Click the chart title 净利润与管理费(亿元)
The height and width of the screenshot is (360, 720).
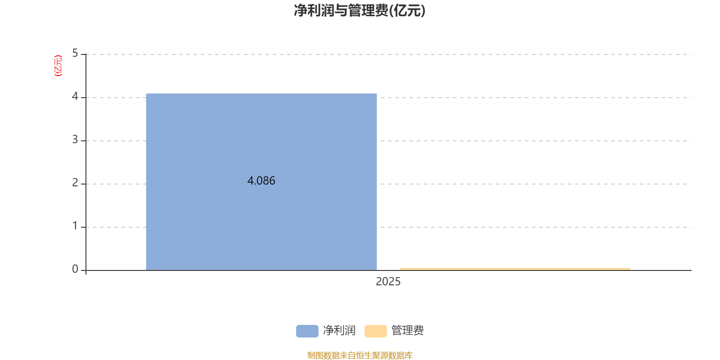point(360,11)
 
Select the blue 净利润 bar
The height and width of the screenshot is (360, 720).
point(261,182)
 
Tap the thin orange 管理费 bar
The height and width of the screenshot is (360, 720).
point(515,269)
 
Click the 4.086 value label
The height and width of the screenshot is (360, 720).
point(261,180)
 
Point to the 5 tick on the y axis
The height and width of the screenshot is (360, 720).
point(75,53)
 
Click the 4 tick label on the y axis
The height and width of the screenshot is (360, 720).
point(75,96)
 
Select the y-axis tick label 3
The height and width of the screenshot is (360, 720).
point(75,139)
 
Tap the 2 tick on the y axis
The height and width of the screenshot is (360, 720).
point(75,183)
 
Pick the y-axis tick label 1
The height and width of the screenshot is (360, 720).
point(75,226)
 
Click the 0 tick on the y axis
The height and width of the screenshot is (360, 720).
point(75,269)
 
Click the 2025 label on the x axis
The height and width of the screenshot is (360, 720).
point(388,282)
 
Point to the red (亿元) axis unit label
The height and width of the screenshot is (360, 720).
point(58,66)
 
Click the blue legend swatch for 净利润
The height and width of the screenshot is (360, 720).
point(307,331)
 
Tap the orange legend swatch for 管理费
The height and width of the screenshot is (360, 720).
point(376,331)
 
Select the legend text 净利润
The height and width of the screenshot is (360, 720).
point(339,330)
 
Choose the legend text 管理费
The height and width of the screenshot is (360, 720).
point(408,330)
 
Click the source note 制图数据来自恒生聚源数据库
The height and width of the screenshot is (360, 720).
point(360,355)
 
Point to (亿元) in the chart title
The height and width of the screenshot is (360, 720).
point(407,11)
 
